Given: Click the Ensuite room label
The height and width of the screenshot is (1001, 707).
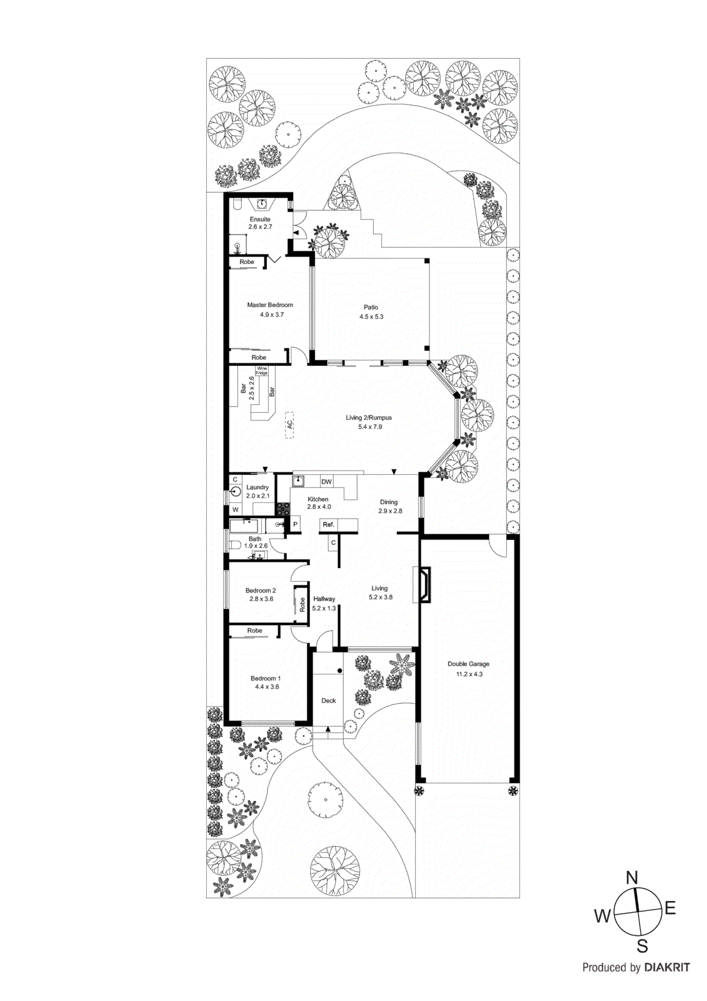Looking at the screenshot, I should (260, 220).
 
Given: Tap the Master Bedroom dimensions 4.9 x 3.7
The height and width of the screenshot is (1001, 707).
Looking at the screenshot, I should (272, 315).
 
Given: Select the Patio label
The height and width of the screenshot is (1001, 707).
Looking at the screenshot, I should (371, 307).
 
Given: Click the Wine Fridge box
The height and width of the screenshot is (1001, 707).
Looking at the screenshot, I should (261, 371).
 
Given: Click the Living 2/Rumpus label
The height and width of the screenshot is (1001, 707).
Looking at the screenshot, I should (369, 418).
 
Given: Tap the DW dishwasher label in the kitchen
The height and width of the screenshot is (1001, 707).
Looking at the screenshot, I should (326, 482).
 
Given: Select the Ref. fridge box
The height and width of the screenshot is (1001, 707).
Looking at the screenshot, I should (329, 525).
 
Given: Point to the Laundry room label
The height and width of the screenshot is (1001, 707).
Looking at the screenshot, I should (258, 487).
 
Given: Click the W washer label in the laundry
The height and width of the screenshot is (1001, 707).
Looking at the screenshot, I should (236, 510).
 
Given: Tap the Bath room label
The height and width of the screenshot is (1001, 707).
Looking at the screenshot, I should (255, 539).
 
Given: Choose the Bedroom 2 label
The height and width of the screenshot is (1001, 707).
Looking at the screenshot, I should (261, 591).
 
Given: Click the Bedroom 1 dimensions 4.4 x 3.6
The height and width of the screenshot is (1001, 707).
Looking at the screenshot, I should (267, 687).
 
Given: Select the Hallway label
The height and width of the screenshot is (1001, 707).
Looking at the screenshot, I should (324, 599).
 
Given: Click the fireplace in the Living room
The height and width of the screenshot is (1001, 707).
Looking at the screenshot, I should (423, 585).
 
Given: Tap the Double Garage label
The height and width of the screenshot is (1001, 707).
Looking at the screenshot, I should (468, 664).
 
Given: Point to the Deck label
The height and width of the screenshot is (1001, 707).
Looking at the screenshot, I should (329, 701).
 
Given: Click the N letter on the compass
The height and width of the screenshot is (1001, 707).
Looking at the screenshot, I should (632, 878).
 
